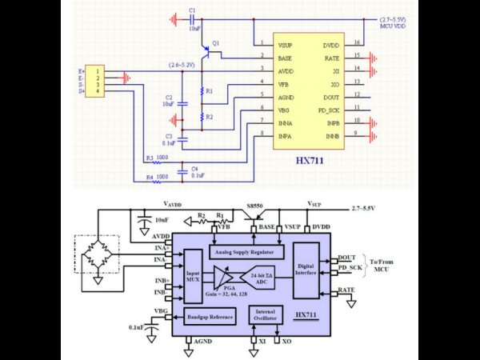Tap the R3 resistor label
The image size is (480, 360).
click(x=150, y=158)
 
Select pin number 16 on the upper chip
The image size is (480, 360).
click(x=357, y=42)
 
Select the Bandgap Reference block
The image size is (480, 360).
click(x=209, y=317)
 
